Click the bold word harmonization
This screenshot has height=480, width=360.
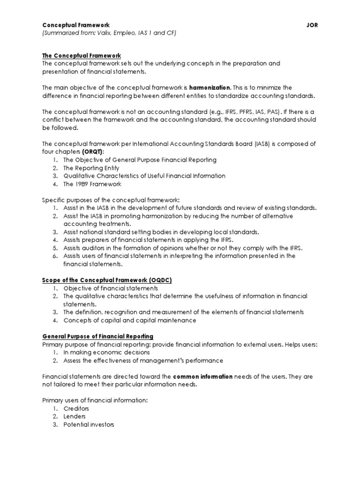(x=210, y=87)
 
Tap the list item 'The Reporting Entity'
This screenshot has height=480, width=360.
(x=91, y=168)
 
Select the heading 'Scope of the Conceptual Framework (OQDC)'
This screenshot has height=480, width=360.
(x=107, y=280)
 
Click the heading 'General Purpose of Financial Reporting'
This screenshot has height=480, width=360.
(x=97, y=337)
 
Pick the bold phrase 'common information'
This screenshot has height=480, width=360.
(x=202, y=377)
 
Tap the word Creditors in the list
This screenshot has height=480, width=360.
(x=76, y=409)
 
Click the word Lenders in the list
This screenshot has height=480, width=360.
(x=75, y=417)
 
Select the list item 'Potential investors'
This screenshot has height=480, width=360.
(x=89, y=425)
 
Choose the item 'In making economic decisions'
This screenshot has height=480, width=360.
(x=107, y=352)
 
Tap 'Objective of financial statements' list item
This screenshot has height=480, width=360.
(x=111, y=288)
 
